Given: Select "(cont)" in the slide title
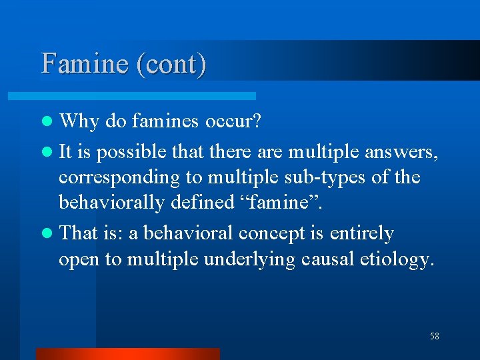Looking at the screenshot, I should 170,63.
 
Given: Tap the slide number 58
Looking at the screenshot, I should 435,336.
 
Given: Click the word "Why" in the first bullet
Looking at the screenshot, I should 79,121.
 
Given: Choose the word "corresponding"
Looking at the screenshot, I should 119,178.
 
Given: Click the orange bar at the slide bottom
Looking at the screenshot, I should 127,353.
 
